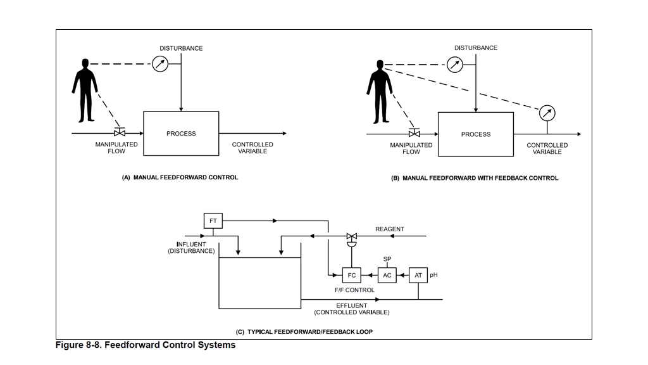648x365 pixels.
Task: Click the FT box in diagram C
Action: click(213, 221)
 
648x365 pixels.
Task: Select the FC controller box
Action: click(351, 275)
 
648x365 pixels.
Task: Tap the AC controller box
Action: click(387, 275)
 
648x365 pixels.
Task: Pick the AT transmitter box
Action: click(418, 275)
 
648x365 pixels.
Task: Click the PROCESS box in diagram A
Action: click(181, 134)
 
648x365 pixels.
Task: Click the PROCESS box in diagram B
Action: click(475, 134)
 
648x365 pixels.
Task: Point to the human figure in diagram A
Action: click(84, 90)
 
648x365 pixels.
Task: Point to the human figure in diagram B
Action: click(379, 91)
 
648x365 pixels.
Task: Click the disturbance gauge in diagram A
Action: click(161, 63)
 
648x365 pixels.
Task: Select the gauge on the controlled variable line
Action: click(547, 114)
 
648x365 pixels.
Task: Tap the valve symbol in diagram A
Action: click(119, 133)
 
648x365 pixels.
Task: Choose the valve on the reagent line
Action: click(352, 238)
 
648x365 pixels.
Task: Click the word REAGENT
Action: click(390, 229)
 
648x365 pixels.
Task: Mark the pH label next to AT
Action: click(433, 275)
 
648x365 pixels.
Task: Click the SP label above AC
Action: click(387, 259)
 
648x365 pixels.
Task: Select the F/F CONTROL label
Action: click(354, 290)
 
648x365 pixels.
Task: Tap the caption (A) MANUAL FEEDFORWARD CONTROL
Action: click(180, 177)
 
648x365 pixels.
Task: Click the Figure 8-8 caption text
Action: click(146, 345)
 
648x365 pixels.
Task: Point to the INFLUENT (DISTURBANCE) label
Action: click(190, 248)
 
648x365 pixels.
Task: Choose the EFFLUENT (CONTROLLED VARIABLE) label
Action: click(352, 309)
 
